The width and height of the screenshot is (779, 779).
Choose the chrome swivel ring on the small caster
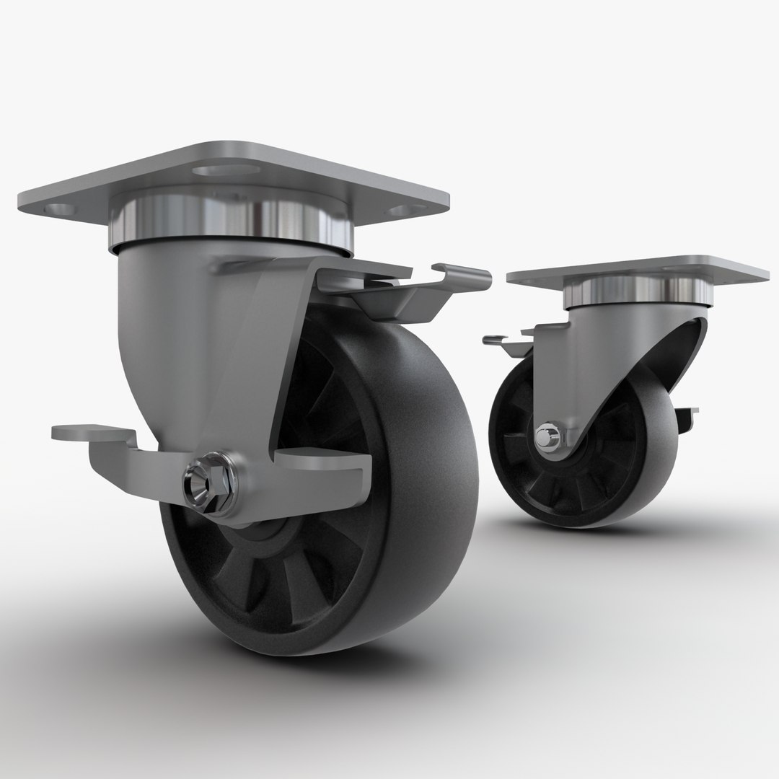(x=635, y=291)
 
